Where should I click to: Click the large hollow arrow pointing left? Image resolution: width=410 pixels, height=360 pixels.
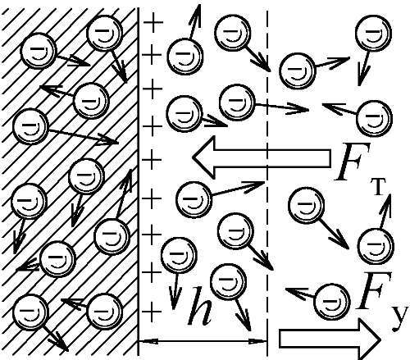pos(262,157)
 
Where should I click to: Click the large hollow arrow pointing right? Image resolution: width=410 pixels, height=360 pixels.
pos(330,339)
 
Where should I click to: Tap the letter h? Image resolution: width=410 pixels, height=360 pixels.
pos(200,306)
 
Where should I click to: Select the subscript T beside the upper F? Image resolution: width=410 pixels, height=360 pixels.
pos(379,186)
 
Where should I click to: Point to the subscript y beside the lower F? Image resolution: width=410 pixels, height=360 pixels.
pos(399,317)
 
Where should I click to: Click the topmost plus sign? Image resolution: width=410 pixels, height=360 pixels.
pos(153,22)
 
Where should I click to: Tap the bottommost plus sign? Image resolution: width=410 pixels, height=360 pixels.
pos(152,312)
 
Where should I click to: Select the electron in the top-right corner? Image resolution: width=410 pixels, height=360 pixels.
pos(373,33)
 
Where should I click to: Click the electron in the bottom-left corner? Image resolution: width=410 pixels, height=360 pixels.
pos(30,312)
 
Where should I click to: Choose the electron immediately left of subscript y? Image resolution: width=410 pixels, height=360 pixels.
pos(332,302)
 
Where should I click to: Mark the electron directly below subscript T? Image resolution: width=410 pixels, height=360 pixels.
pos(376,246)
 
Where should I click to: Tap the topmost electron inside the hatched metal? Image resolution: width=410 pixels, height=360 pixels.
pos(104,33)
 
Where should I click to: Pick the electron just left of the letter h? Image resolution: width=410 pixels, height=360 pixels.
pos(179,255)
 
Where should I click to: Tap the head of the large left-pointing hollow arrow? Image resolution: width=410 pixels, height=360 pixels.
pos(204,157)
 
